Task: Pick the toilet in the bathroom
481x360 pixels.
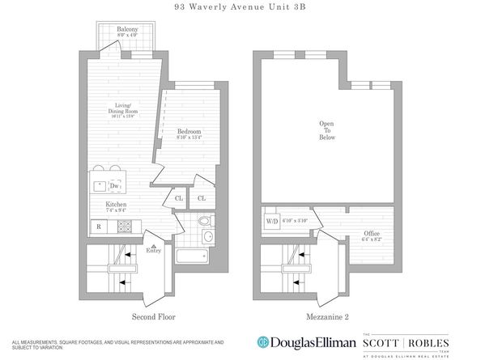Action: [x=204, y=221]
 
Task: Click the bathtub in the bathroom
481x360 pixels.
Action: [x=192, y=256]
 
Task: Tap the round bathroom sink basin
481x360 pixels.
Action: [x=207, y=237]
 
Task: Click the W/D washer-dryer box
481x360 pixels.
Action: [x=270, y=221]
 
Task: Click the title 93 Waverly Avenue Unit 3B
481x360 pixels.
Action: [x=240, y=7]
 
